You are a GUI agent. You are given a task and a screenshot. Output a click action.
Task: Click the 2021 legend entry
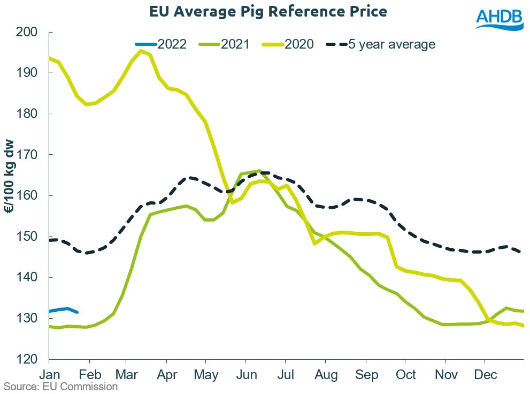point(234,44)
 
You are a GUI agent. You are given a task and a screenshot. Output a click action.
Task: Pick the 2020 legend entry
point(298,44)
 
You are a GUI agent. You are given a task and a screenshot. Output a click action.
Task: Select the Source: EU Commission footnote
point(61,387)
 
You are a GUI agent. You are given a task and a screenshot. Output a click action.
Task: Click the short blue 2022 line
point(64,309)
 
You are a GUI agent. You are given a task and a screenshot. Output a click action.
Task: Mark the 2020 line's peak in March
point(141,51)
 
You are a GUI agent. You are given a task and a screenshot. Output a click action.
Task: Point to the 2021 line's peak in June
point(259,171)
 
